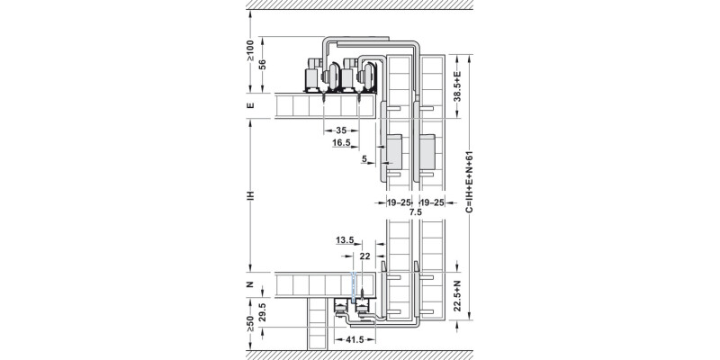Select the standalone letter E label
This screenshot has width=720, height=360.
coord(251,106)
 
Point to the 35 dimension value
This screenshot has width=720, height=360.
coord(341,130)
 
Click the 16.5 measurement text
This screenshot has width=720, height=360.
coord(341,142)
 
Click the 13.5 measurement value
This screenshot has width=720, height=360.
coord(343,240)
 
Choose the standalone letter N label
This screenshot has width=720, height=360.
coord(251,285)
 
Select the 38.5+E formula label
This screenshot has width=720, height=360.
coord(457,85)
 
